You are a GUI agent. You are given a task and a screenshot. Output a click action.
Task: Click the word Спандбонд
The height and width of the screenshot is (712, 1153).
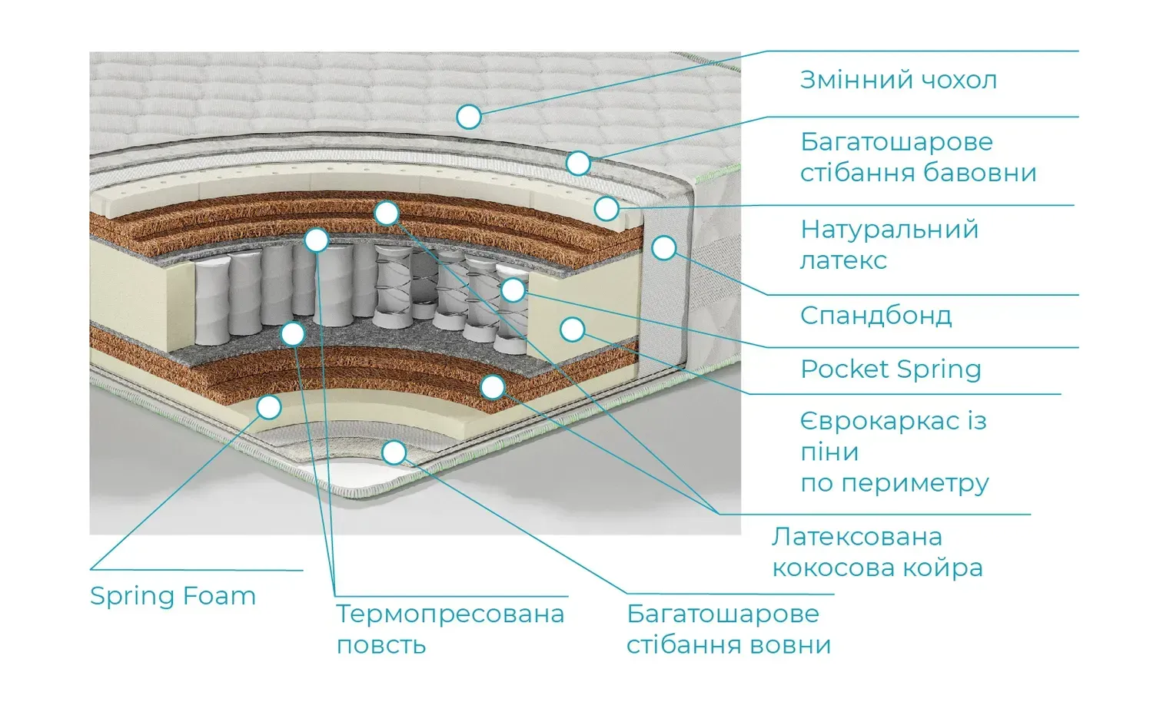click(876, 316)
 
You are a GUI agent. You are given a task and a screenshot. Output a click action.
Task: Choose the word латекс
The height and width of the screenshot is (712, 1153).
click(843, 260)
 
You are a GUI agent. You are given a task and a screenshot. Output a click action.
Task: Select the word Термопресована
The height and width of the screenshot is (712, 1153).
click(450, 614)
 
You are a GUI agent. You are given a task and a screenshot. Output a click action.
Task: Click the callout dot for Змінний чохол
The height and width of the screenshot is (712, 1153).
click(469, 117)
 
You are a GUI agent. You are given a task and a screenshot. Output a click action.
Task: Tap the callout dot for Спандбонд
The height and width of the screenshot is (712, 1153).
click(664, 247)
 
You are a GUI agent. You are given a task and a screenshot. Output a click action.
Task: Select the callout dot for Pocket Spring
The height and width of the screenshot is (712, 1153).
click(513, 290)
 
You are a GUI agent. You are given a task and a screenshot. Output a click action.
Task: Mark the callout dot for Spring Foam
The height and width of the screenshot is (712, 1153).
click(269, 406)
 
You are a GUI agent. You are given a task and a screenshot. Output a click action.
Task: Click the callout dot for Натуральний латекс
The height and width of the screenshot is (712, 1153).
click(606, 207)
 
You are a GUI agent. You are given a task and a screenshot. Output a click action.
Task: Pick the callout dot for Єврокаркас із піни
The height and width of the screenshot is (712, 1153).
click(572, 330)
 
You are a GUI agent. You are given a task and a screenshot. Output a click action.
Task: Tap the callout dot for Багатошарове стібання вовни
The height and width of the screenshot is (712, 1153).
click(394, 452)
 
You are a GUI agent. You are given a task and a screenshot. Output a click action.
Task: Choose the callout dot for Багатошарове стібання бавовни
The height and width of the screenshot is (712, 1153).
click(578, 163)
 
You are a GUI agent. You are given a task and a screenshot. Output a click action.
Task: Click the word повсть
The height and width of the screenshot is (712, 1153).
click(381, 645)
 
